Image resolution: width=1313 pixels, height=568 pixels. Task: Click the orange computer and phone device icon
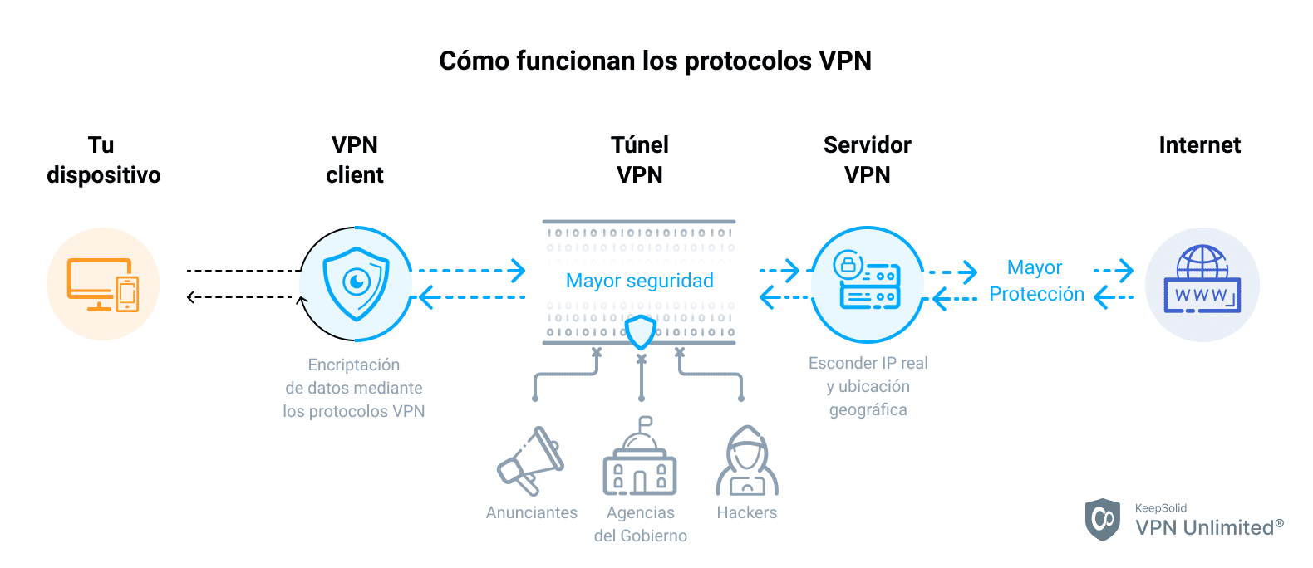103,284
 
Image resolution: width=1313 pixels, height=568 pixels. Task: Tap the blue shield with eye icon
357,284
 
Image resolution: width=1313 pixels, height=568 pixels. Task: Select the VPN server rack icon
867,284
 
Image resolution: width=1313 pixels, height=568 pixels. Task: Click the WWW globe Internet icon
1202,281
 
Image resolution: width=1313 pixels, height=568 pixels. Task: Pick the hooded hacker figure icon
747,462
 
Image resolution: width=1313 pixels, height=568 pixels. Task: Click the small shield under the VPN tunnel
641,332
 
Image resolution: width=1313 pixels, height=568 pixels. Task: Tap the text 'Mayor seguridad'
639,281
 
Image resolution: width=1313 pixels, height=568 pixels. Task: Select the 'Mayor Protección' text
1036,281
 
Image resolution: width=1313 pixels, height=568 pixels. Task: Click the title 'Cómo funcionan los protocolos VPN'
655,61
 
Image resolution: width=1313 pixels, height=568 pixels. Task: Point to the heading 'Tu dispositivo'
103,160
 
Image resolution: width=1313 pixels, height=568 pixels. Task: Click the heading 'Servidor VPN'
867,160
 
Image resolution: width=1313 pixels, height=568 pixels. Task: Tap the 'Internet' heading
1199,145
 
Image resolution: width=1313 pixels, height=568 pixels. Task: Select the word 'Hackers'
746,512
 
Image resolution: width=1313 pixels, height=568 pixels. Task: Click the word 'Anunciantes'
531,512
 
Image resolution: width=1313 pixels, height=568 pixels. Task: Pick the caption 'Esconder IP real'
868,363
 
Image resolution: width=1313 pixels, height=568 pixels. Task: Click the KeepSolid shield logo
1103,520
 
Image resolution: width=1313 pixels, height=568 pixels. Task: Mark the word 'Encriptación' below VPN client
353,365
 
